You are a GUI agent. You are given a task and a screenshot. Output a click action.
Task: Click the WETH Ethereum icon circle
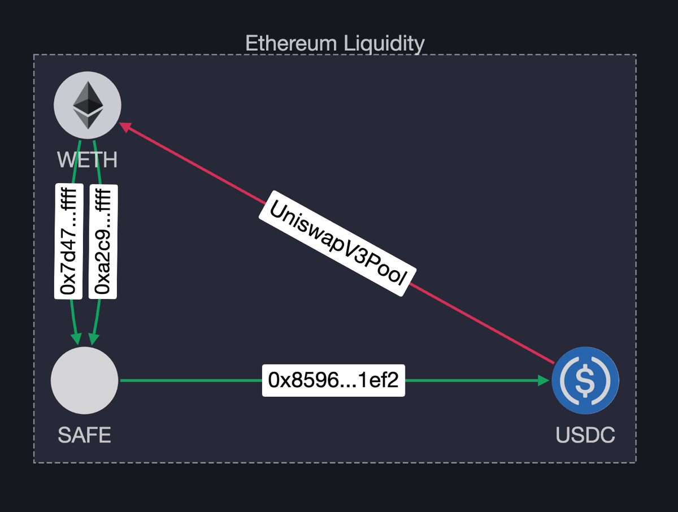[x=88, y=105]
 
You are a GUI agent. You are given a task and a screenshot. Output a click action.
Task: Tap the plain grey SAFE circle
[x=85, y=380]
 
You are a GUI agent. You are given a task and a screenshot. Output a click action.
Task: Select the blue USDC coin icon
[x=585, y=380]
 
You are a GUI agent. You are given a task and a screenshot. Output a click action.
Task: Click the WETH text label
[x=88, y=160]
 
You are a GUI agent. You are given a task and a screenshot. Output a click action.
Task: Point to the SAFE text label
[x=85, y=435]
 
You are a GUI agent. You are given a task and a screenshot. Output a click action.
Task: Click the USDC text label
[x=585, y=435]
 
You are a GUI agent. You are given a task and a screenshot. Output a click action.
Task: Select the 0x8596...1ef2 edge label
[x=333, y=380]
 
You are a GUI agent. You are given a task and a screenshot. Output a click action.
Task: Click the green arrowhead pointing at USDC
[x=544, y=380]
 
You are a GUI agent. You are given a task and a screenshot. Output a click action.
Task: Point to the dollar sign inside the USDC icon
[x=585, y=380]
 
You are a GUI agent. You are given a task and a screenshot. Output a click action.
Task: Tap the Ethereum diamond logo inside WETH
[x=88, y=105]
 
